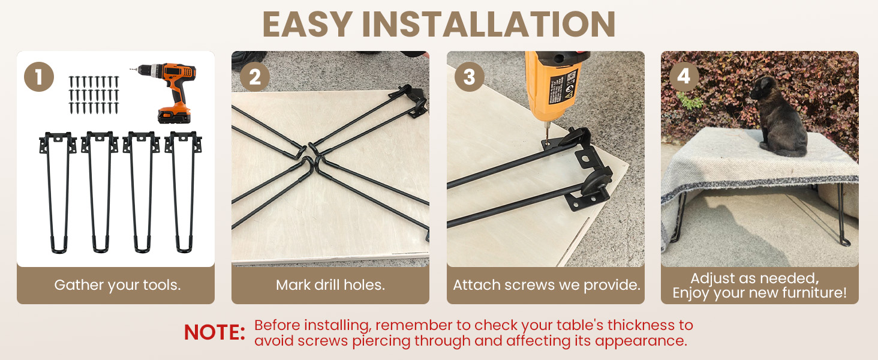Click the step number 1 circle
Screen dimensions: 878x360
(x=39, y=77)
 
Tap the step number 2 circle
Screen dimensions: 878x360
(x=254, y=77)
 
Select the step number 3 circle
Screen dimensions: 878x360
(x=470, y=77)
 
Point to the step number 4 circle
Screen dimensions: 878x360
(x=684, y=76)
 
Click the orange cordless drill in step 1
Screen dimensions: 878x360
(x=169, y=92)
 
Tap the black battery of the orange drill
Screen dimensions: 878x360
(x=174, y=115)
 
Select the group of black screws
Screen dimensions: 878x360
(x=94, y=95)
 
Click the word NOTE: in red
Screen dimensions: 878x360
(x=215, y=332)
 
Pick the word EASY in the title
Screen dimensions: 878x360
(x=307, y=25)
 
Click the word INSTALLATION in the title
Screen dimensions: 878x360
(x=488, y=25)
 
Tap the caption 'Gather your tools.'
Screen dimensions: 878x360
(x=118, y=285)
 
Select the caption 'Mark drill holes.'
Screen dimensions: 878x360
(x=330, y=285)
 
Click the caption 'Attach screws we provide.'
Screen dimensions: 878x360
(x=546, y=285)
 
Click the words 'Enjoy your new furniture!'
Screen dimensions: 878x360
(x=759, y=293)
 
